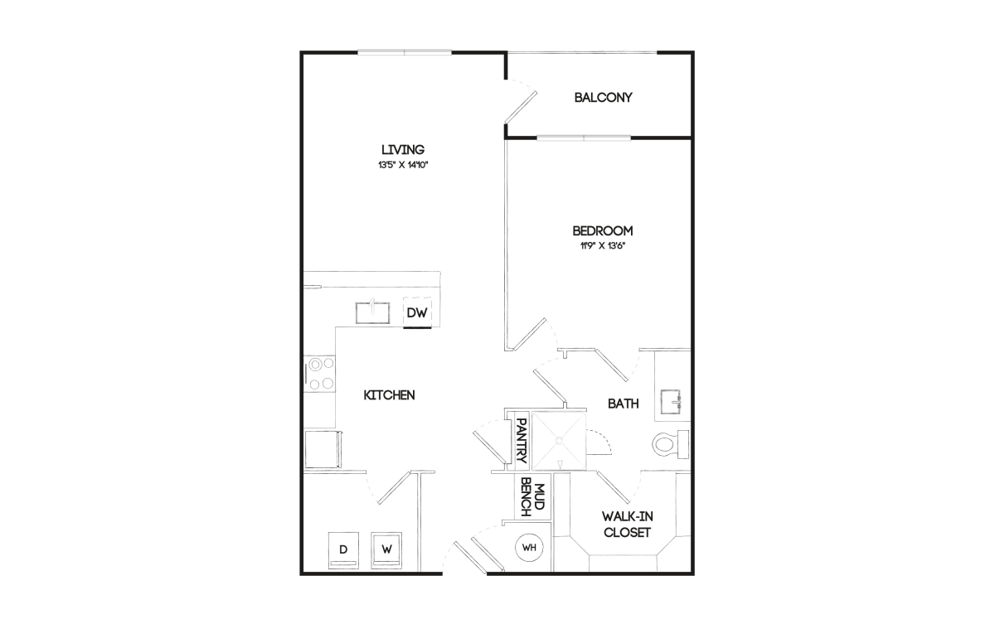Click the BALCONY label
pos(603,98)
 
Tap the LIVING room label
pos(403,149)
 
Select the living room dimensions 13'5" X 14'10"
pos(403,165)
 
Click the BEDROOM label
pos(602,230)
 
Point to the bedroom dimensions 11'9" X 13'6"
pos(602,246)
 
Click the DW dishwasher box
pos(417,312)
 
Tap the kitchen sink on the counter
pos(372,312)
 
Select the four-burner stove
pos(319,373)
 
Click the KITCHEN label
pos(389,395)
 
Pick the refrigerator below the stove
pos(323,448)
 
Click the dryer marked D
pos(343,550)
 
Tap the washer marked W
pos(386,550)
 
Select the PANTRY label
pos(522,441)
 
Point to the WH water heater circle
pos(529,548)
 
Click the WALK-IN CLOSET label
pos(627,525)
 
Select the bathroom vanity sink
pos(671,402)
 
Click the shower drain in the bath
pos(559,440)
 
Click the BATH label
pos(624,404)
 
